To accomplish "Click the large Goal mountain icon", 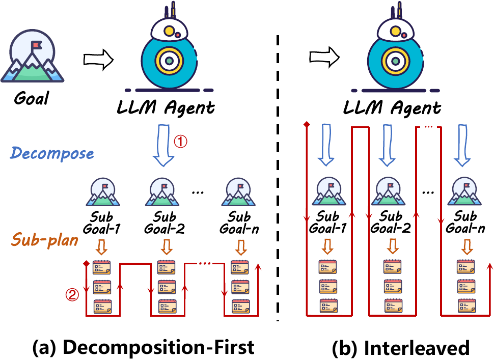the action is point(32,56).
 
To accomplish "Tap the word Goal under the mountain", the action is point(32,98).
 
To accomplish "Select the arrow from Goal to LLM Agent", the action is point(98,60).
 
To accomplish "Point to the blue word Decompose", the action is point(52,153).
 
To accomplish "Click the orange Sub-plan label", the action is point(45,240).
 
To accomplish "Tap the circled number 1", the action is point(180,142).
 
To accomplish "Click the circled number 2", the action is point(72,295).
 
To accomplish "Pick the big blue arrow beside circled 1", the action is point(163,145).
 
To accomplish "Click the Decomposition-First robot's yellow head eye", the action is point(169,31).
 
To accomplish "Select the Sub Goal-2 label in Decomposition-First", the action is point(164,223).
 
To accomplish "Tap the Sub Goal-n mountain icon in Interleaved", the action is point(464,191).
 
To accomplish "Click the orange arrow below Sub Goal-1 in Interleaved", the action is point(327,246).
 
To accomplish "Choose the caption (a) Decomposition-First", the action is point(143,347).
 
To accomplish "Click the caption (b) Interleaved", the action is point(401,347).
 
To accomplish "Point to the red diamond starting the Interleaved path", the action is point(307,124).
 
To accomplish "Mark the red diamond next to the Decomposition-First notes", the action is point(87,263).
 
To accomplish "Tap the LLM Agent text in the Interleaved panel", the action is point(392,108).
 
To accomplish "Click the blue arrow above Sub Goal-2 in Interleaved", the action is point(387,145).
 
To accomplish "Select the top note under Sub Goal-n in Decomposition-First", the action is point(239,267).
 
